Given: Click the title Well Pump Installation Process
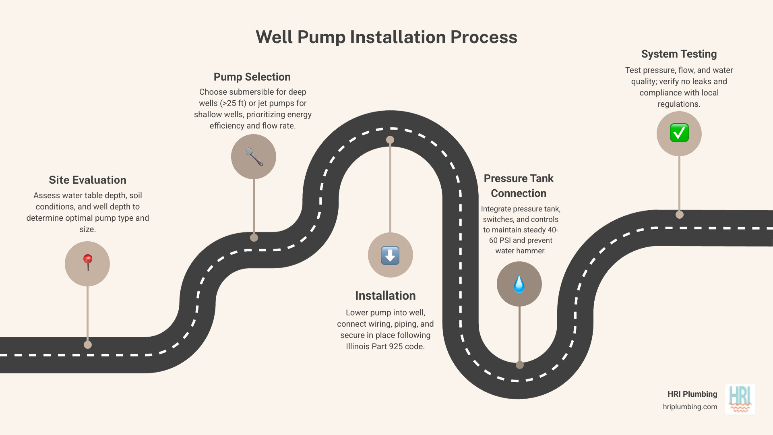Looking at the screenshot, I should click(386, 37).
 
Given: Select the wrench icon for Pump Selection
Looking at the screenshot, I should click(254, 157).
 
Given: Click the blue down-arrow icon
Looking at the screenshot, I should click(390, 255).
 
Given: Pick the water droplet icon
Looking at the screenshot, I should click(519, 284).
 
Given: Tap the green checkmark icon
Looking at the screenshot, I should click(679, 133).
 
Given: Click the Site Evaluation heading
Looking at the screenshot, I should click(87, 180).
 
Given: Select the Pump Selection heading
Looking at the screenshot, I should click(252, 77).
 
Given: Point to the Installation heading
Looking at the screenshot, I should click(385, 296).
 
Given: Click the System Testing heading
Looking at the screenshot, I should click(679, 54).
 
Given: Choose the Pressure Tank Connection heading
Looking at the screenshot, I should click(519, 186).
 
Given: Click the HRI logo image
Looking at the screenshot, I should click(740, 399).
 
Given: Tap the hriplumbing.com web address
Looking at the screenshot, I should click(690, 407).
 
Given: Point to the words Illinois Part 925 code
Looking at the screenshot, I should click(385, 346).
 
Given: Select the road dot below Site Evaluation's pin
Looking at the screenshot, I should click(87, 345).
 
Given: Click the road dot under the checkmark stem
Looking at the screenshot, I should click(680, 215).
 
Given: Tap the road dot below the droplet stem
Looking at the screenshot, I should click(520, 365).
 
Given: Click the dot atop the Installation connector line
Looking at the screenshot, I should click(390, 140).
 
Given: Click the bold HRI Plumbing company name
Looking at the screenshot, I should click(692, 394).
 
